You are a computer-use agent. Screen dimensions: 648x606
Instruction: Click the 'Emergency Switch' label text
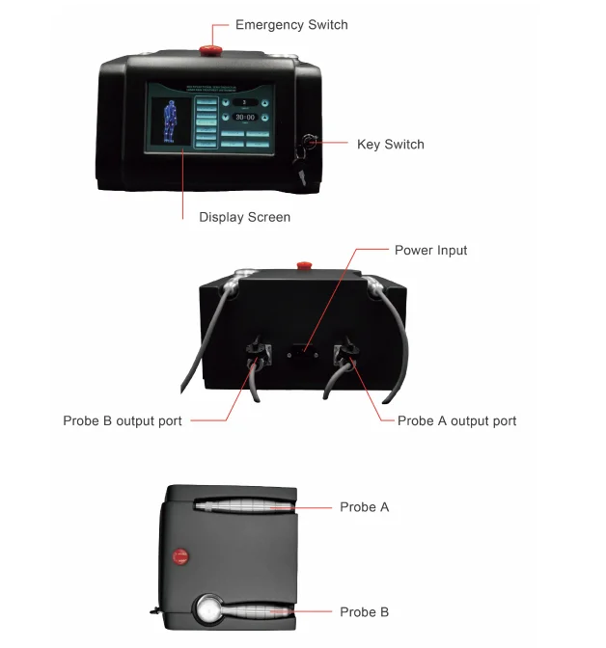tap(291, 24)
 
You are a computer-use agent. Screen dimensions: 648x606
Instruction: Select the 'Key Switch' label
tap(390, 145)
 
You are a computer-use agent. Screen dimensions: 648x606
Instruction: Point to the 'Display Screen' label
tap(244, 217)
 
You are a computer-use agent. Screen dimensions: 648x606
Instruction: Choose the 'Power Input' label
tap(430, 251)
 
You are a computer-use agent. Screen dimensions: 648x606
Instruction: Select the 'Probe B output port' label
tap(123, 421)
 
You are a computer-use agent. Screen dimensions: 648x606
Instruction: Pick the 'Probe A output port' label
tap(456, 421)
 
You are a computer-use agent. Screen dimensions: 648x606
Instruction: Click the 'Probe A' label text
tap(364, 507)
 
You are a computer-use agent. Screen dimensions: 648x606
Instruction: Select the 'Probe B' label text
tap(364, 612)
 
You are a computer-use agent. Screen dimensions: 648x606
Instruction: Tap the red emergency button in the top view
tap(178, 555)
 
